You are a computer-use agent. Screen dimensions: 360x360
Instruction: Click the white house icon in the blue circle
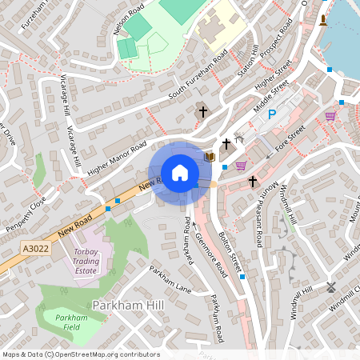click(179, 173)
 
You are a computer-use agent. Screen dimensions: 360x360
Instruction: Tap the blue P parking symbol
click(271, 115)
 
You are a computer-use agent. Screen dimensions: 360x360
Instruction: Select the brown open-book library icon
click(210, 157)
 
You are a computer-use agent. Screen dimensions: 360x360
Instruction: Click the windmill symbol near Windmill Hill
click(331, 286)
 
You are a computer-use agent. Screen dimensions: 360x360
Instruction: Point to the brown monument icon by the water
click(323, 20)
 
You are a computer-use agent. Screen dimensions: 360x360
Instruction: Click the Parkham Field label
click(82, 323)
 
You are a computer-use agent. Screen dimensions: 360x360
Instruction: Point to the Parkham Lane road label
click(170, 278)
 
